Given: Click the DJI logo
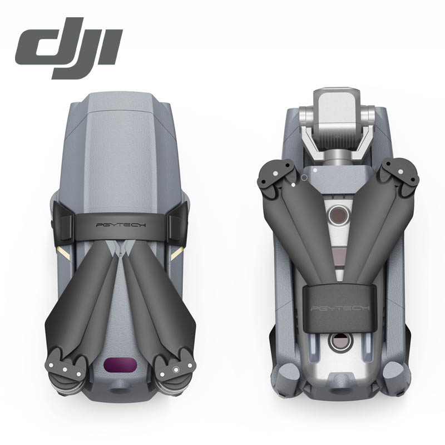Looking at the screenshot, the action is coord(69,48).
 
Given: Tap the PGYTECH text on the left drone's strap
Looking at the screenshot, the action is coord(121,225).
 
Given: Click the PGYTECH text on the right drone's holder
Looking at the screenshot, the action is coord(340,308).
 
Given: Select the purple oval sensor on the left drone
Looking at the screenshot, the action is coord(120,364).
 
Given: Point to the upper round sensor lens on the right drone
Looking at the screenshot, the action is coord(339,215).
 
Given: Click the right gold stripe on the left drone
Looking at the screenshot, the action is coord(177,254).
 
